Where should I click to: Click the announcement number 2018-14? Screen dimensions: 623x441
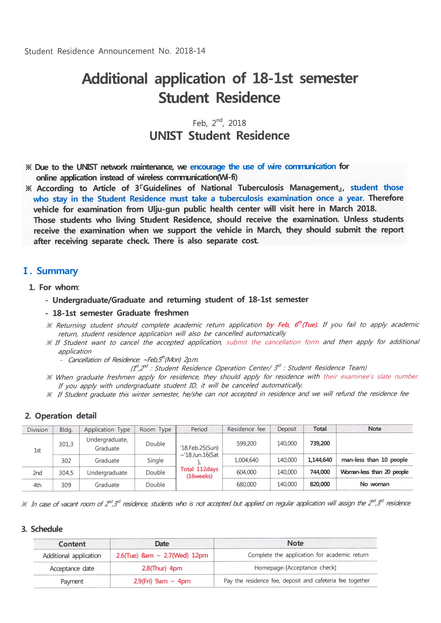click(x=190, y=51)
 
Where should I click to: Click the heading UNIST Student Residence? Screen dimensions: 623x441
click(x=219, y=136)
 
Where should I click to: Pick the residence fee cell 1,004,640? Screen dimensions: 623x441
click(x=246, y=460)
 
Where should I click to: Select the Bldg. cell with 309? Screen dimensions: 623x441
click(x=66, y=485)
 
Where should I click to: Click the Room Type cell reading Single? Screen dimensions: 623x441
click(x=155, y=460)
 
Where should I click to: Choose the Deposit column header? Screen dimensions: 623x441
click(x=287, y=429)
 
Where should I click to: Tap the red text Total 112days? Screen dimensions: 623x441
click(x=199, y=469)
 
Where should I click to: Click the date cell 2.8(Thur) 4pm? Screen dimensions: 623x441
click(x=162, y=568)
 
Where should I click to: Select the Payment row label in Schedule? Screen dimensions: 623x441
click(x=72, y=581)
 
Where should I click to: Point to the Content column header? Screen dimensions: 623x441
click(x=72, y=544)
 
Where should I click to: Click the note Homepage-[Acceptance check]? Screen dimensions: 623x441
click(x=295, y=568)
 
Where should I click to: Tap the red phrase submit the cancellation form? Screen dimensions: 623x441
click(x=273, y=342)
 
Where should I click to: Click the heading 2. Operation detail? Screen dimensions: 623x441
click(x=61, y=416)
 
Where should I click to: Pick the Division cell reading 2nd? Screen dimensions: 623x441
click(x=37, y=473)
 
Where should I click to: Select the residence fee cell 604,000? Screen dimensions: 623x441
click(x=246, y=472)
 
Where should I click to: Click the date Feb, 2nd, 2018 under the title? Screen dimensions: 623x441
click(x=219, y=123)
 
